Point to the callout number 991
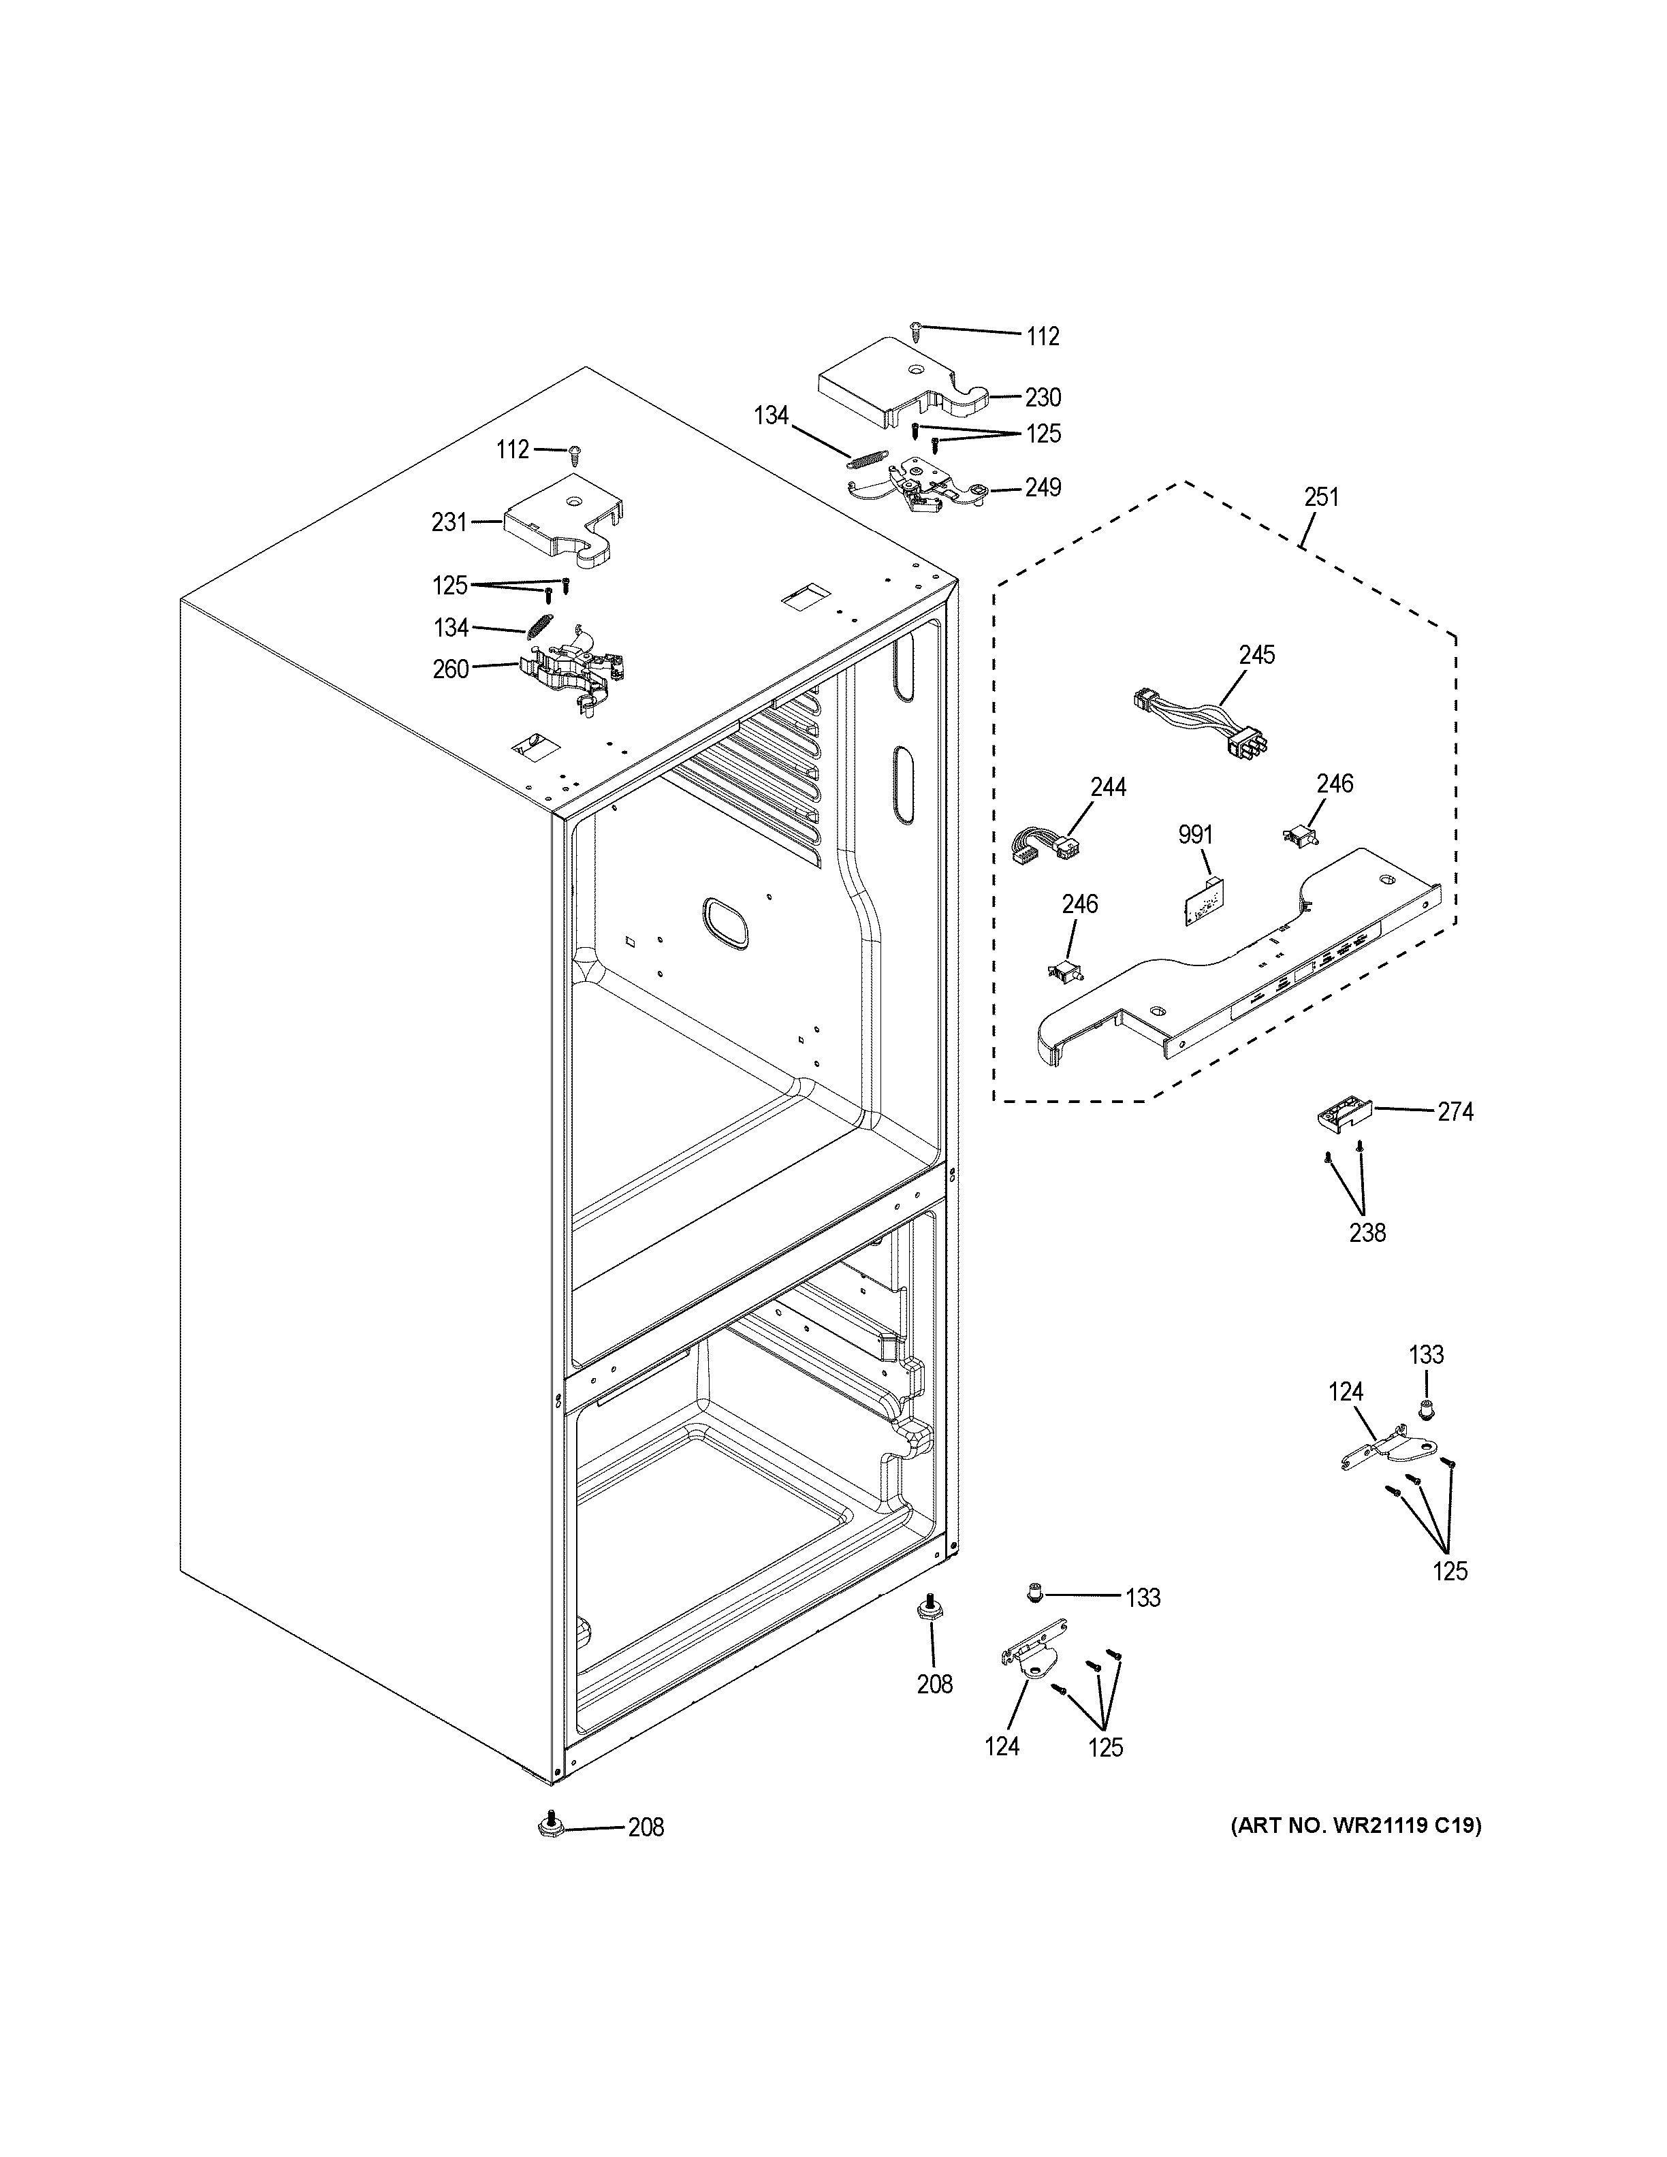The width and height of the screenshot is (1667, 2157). click(1195, 835)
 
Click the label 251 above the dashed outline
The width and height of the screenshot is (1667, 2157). click(1320, 497)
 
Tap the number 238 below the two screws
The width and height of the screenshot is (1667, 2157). click(1367, 1232)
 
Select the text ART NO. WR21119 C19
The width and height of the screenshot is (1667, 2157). click(1355, 1826)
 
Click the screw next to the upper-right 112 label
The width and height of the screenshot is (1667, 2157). click(917, 329)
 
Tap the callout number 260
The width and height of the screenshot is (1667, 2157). click(450, 669)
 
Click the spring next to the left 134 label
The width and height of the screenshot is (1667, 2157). click(540, 628)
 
